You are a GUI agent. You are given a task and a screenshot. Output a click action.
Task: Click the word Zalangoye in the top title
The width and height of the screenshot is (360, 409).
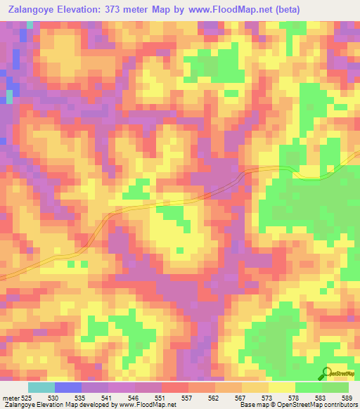click(x=32, y=9)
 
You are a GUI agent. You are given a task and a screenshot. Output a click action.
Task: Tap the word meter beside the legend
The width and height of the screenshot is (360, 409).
click(x=11, y=398)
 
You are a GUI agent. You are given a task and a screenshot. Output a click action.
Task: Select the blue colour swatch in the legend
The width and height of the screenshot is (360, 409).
click(x=67, y=387)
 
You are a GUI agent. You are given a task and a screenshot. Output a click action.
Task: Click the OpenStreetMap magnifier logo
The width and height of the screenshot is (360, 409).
click(x=326, y=373)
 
